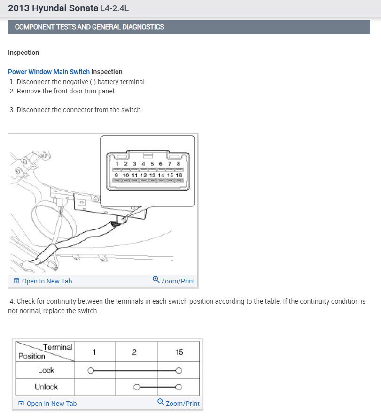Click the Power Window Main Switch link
(49, 72)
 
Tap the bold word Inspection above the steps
(23, 53)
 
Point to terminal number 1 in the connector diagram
(117, 164)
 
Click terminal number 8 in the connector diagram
(179, 164)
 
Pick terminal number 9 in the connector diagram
(117, 175)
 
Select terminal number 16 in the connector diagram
(179, 175)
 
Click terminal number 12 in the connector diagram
(144, 175)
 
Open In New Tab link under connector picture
(47, 281)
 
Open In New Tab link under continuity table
(51, 404)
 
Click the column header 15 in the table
(179, 352)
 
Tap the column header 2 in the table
(134, 352)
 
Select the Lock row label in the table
(46, 370)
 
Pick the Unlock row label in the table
(46, 387)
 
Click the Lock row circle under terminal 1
(91, 370)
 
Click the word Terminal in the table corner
(58, 347)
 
